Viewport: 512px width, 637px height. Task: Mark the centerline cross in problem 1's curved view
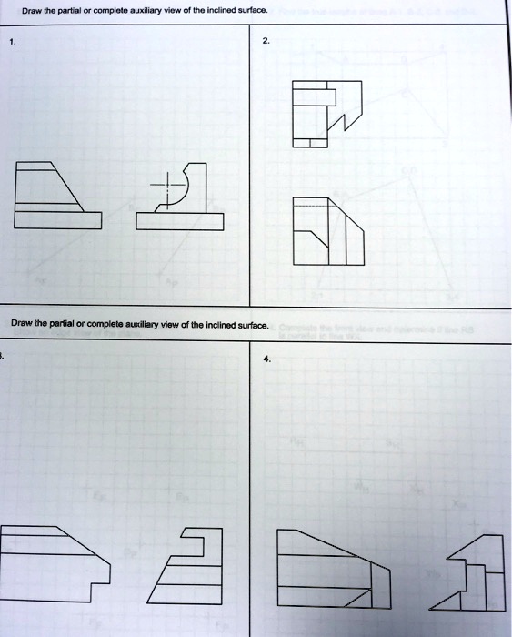pyautogui.click(x=166, y=187)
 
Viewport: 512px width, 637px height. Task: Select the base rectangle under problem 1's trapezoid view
pyautogui.click(x=56, y=220)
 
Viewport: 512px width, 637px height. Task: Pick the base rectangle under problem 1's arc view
pyautogui.click(x=179, y=222)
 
